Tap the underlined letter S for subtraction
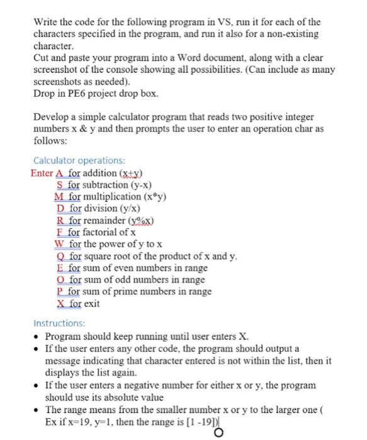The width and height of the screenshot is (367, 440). click(60, 184)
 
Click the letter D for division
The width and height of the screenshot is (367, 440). click(60, 208)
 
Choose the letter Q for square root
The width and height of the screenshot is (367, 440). click(60, 256)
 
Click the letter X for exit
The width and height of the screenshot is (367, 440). click(60, 304)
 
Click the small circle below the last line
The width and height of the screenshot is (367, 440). click(219, 432)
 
